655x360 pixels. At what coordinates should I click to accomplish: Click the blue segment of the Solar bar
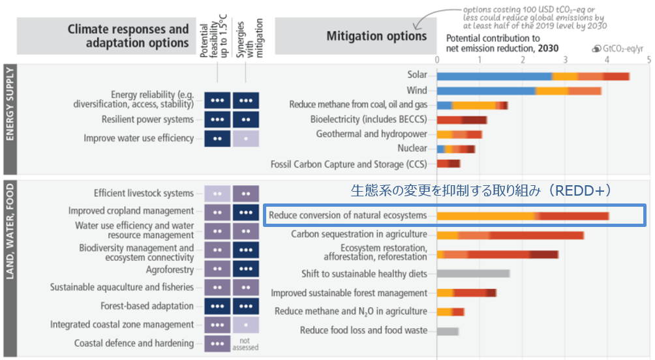click(494, 76)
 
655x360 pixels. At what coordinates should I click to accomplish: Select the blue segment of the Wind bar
click(486, 91)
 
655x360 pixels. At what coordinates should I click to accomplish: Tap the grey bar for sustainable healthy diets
click(473, 274)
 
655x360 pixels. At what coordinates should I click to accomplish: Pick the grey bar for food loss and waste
click(448, 331)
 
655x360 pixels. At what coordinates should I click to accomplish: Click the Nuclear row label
click(412, 149)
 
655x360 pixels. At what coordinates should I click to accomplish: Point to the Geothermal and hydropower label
click(371, 134)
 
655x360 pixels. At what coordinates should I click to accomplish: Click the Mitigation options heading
click(376, 36)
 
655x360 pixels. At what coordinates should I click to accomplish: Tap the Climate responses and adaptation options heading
click(128, 36)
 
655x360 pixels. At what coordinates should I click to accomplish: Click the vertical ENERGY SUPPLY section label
click(10, 117)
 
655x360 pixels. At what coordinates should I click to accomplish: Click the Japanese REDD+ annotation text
click(480, 191)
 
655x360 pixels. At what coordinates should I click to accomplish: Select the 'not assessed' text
click(245, 344)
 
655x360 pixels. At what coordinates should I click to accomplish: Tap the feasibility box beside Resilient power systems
click(217, 119)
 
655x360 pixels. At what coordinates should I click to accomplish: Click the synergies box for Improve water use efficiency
click(245, 138)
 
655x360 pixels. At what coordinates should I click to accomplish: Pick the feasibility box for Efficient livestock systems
click(217, 193)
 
